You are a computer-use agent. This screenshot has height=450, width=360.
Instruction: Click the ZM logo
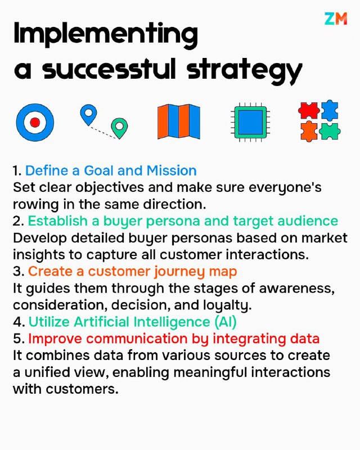click(x=336, y=19)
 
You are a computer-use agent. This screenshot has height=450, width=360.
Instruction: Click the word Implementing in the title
click(x=106, y=35)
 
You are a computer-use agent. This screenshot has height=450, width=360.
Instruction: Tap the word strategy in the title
click(x=244, y=70)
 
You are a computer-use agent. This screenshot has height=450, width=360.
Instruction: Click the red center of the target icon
click(x=35, y=123)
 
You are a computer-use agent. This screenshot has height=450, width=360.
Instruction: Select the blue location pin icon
click(x=88, y=115)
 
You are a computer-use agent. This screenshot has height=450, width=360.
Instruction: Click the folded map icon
click(x=179, y=121)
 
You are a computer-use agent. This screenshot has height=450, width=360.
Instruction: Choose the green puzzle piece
click(x=330, y=131)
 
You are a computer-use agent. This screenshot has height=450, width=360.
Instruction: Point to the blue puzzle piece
click(x=330, y=110)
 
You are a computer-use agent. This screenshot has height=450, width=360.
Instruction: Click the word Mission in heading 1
click(x=172, y=170)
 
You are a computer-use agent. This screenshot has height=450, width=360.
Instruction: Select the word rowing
click(x=35, y=205)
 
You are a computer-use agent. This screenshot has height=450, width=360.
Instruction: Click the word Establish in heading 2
click(x=57, y=221)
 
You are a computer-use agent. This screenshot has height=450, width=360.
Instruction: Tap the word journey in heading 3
click(x=179, y=272)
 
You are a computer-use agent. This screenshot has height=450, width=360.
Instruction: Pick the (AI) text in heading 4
click(x=226, y=322)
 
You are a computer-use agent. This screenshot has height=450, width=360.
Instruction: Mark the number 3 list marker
click(x=19, y=272)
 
